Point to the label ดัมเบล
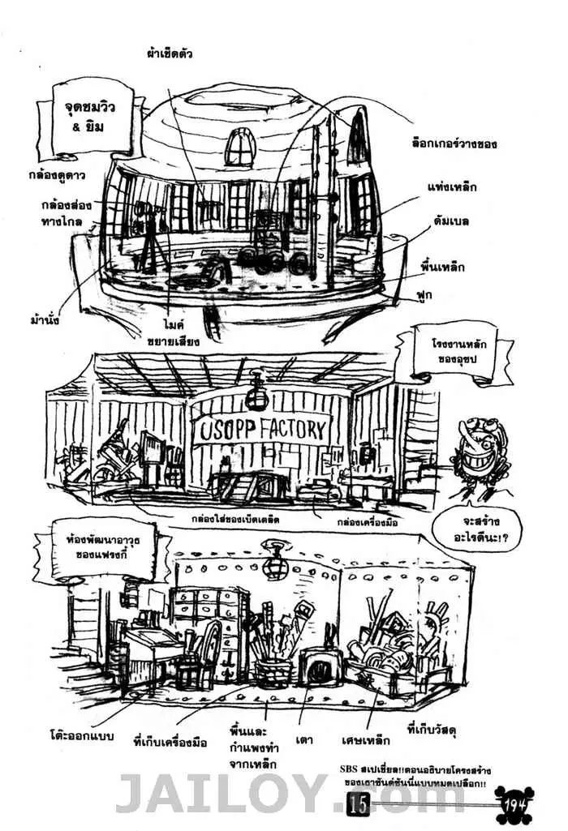451,221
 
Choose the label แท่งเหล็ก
451,187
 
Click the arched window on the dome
240,147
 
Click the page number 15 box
358,804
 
